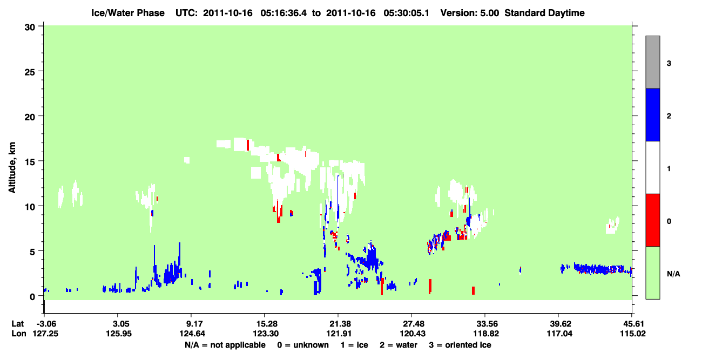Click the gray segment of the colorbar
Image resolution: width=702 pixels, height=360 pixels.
click(x=652, y=62)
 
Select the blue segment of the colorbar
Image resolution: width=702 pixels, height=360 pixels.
click(x=652, y=114)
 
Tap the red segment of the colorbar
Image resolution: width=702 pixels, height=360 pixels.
click(x=652, y=220)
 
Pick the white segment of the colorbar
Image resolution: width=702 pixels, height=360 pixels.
click(x=652, y=167)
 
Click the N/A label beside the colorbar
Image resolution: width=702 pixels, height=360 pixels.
click(x=673, y=274)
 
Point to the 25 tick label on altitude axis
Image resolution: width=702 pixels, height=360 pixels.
click(x=30, y=72)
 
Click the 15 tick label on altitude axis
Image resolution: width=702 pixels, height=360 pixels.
click(x=30, y=162)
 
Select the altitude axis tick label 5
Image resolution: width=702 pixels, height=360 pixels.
click(x=32, y=252)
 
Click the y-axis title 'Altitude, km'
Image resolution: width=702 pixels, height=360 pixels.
click(x=12, y=167)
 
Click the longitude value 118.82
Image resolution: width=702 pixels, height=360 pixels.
click(x=486, y=334)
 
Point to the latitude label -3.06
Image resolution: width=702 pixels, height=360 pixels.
click(x=46, y=324)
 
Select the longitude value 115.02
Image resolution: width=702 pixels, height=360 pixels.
click(x=633, y=334)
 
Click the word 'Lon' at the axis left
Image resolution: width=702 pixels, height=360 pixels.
click(x=19, y=334)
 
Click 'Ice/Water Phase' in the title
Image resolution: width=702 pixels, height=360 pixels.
click(x=128, y=13)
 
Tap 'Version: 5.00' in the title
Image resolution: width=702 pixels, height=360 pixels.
click(x=470, y=13)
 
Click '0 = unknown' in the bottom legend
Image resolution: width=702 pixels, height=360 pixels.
click(x=303, y=345)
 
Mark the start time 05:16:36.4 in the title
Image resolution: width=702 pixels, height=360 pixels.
click(x=283, y=13)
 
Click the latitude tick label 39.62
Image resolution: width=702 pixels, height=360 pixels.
click(x=559, y=324)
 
